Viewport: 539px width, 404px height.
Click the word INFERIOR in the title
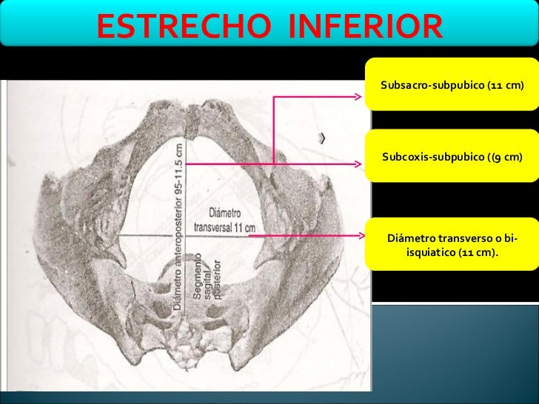tap(364, 27)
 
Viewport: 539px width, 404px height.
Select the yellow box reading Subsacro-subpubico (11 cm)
tap(452, 86)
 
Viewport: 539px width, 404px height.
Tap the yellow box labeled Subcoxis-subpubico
tap(452, 157)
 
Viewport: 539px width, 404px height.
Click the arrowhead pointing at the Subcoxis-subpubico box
tap(366, 164)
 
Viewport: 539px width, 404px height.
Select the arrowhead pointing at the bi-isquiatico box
tap(366, 238)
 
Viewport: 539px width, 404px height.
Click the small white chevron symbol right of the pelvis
tap(324, 138)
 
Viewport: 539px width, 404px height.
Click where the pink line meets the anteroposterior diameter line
tap(186, 164)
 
